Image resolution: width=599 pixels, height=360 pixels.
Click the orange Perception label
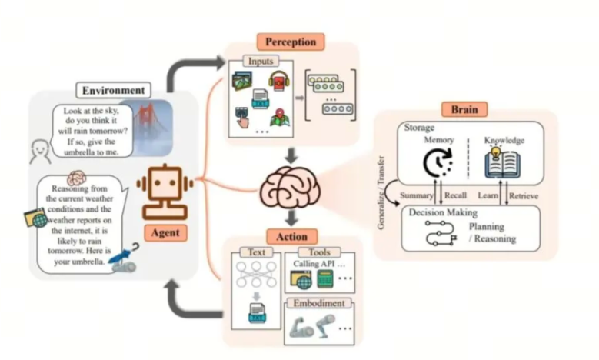point(291,42)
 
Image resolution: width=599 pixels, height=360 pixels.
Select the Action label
point(291,236)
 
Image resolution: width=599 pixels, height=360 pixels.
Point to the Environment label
point(113,90)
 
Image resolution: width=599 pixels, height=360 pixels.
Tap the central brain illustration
point(291,187)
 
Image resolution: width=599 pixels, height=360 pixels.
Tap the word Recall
point(454,196)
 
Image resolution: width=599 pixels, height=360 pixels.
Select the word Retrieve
point(523,196)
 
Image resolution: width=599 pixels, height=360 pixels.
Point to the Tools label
point(324,252)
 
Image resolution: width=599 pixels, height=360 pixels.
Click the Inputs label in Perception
point(260,61)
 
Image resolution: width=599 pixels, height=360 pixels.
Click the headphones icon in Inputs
point(278,80)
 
